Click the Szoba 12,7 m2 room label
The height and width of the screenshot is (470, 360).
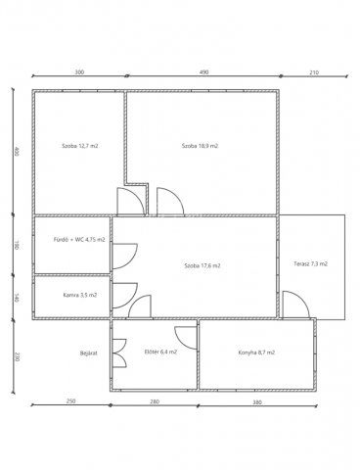[80, 146]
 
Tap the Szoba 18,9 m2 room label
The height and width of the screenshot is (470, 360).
[200, 146]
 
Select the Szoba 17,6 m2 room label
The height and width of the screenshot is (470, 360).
[202, 265]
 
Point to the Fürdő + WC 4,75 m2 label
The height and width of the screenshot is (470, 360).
[79, 240]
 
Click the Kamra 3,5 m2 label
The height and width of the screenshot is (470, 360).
[80, 295]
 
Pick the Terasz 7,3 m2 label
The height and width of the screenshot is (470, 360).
[311, 263]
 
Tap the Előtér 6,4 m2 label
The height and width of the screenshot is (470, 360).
[160, 352]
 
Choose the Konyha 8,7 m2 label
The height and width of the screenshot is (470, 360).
[256, 352]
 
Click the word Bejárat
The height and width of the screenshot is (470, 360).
[89, 353]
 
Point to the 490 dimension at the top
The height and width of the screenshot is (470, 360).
[203, 72]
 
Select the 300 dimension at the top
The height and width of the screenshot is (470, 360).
[79, 71]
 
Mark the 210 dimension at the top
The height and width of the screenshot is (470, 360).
[314, 72]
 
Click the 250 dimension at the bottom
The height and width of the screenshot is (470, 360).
[70, 400]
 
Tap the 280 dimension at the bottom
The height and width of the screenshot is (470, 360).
[155, 401]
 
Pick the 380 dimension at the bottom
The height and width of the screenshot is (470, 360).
[257, 402]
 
